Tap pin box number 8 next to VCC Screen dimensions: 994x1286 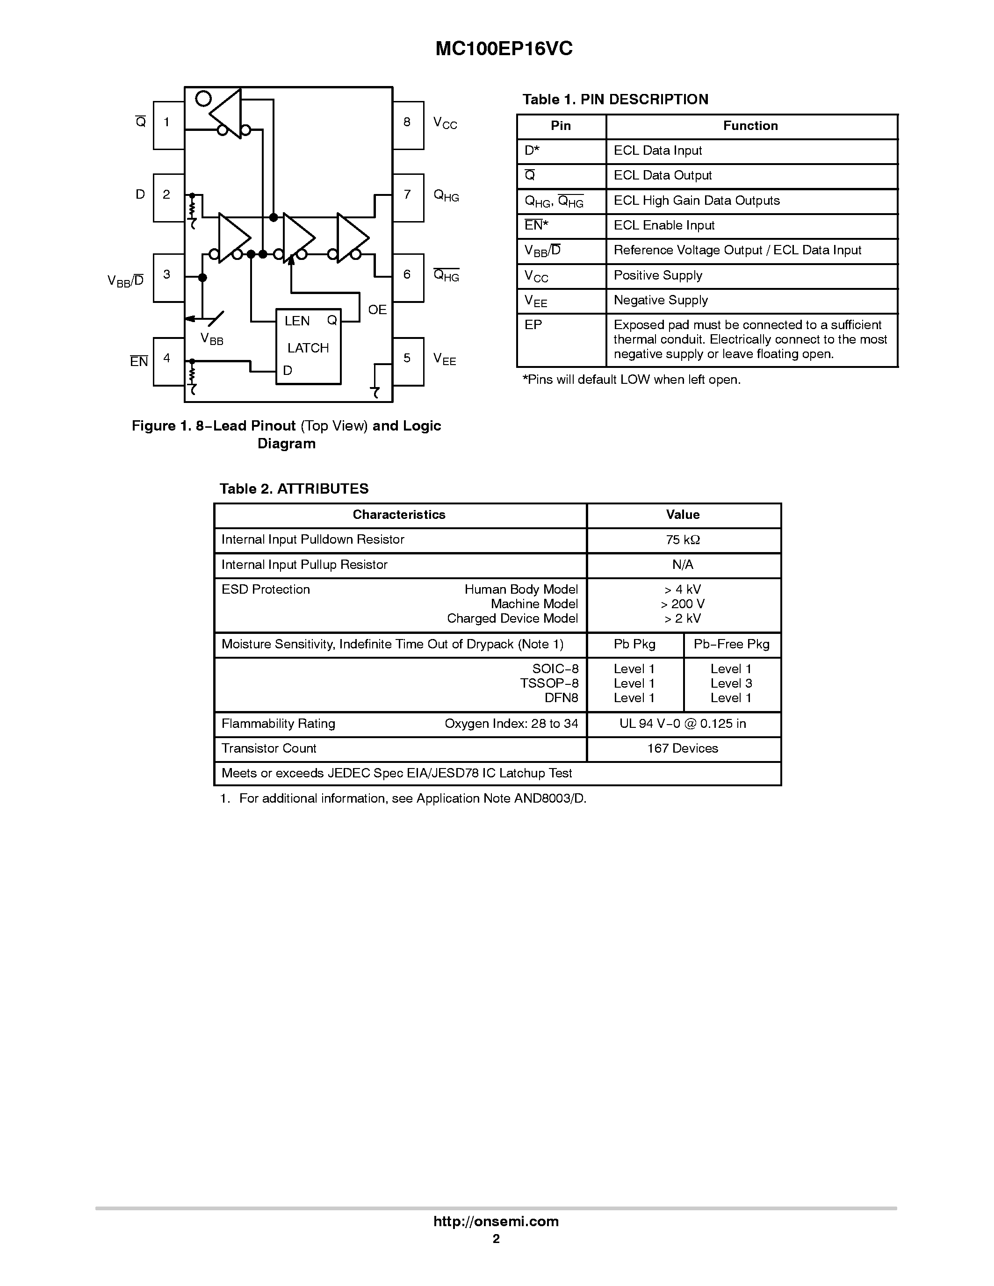[x=408, y=125]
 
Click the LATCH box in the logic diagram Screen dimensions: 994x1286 [x=309, y=347]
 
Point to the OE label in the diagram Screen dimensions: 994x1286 [x=377, y=310]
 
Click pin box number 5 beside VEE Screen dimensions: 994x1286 [x=408, y=361]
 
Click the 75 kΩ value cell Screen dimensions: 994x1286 [x=683, y=540]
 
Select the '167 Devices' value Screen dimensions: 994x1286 [x=683, y=748]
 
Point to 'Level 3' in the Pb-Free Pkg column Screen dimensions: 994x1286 [x=731, y=683]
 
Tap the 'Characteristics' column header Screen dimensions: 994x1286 [x=399, y=515]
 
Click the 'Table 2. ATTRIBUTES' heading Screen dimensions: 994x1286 [x=294, y=489]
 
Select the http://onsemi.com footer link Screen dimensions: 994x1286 [x=496, y=1221]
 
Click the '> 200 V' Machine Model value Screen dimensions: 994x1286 [x=683, y=604]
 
